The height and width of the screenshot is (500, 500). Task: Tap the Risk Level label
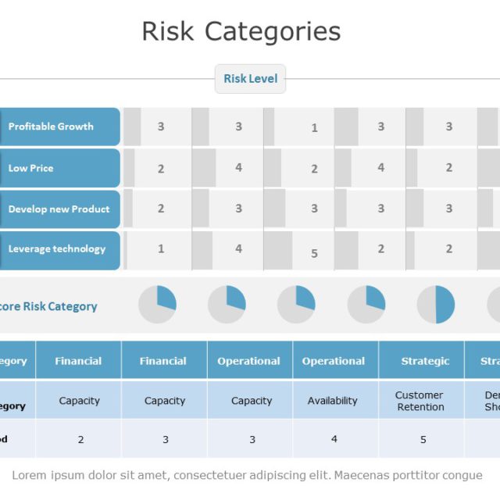250,78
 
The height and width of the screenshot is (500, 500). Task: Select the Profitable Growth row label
51,127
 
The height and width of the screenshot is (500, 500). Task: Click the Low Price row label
31,168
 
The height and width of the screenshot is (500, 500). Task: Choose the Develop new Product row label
59,209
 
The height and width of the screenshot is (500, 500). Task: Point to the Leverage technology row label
56,249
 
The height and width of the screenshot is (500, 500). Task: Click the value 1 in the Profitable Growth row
314,128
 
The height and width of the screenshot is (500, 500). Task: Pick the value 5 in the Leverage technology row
314,253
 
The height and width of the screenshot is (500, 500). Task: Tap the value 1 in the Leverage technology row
161,249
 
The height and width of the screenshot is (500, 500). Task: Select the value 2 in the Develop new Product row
161,209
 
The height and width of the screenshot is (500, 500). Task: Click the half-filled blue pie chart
436,305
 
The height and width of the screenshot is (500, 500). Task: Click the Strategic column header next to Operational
425,361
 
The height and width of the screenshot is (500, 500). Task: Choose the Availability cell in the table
332,401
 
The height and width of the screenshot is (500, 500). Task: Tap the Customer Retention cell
420,401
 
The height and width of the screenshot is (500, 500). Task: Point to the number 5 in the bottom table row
423,440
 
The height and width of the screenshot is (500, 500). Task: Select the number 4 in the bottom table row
334,439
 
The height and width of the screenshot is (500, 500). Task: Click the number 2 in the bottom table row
80,440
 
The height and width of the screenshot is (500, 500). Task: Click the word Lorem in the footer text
29,475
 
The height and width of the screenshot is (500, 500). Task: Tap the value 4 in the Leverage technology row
238,249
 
